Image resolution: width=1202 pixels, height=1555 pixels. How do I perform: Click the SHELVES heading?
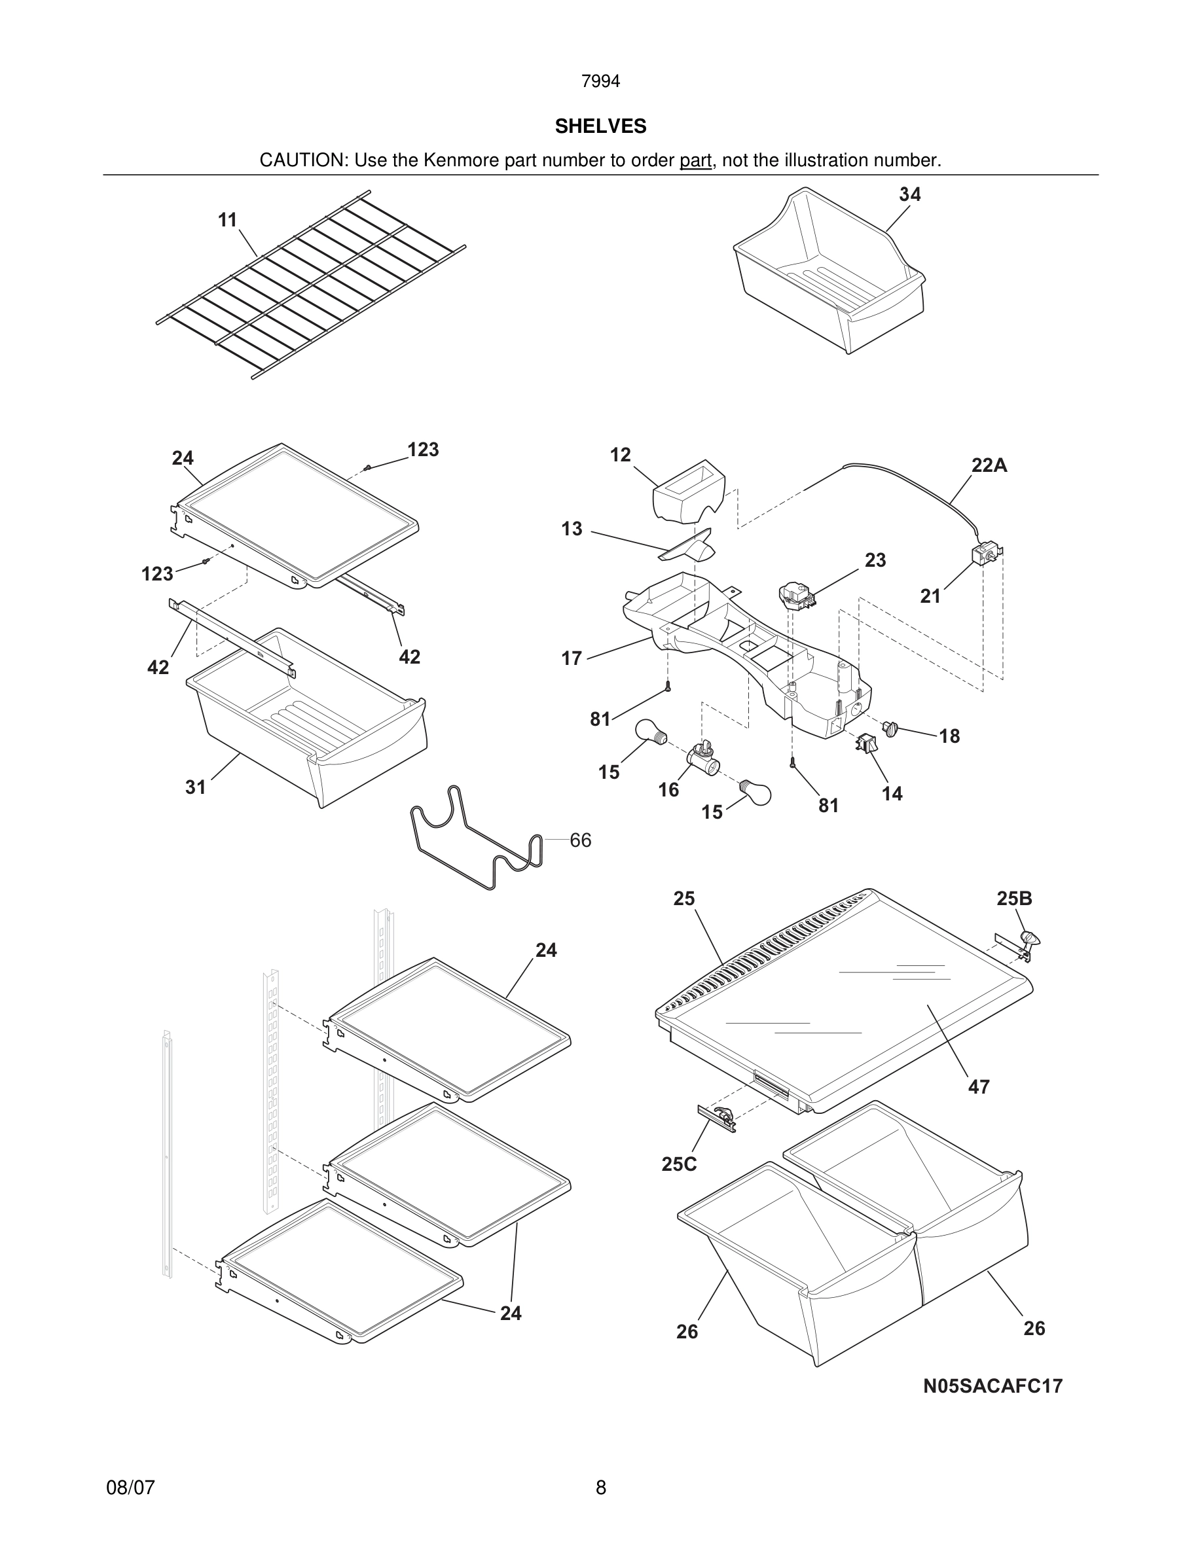click(600, 126)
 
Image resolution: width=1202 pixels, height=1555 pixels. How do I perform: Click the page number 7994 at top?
click(600, 82)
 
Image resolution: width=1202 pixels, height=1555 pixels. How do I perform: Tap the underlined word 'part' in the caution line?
click(695, 161)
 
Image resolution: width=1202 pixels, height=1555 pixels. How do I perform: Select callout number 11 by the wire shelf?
click(227, 220)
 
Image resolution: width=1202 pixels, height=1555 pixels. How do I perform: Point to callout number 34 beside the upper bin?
click(909, 194)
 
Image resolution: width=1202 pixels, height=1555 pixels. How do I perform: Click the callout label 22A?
click(989, 465)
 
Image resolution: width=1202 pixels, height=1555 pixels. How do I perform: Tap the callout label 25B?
click(1014, 899)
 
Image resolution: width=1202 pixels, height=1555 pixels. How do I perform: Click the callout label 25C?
click(679, 1164)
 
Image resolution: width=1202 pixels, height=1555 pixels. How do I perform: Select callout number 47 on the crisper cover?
click(978, 1086)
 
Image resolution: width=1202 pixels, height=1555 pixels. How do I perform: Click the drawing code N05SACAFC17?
click(993, 1385)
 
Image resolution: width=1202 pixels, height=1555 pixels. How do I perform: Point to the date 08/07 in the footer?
click(130, 1488)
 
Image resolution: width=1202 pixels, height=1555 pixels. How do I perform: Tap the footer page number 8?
click(600, 1488)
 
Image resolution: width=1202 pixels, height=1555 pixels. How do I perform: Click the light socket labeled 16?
click(701, 759)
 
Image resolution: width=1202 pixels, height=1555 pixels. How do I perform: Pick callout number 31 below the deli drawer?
click(195, 787)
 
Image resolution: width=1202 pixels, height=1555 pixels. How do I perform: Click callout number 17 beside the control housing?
click(571, 658)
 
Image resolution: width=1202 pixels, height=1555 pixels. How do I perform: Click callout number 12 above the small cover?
click(620, 455)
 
